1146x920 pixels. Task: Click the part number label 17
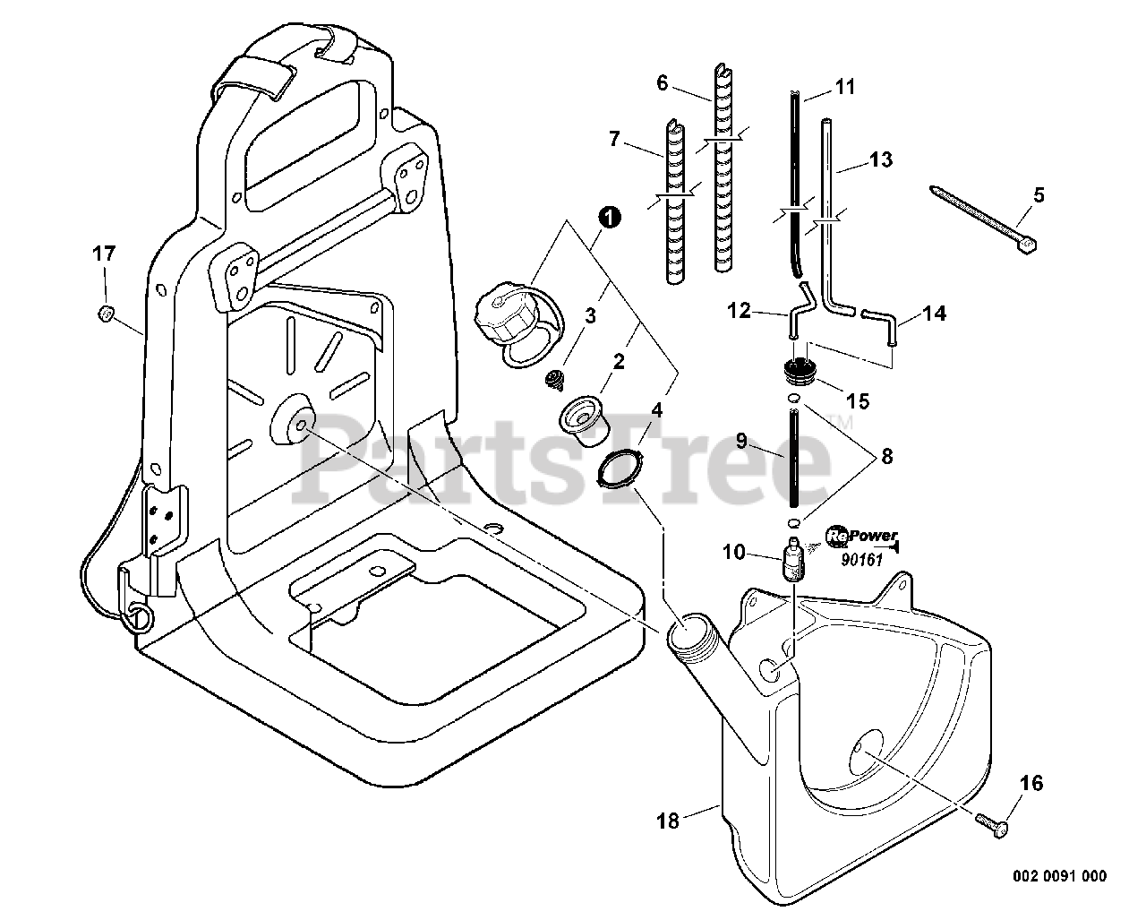(x=105, y=254)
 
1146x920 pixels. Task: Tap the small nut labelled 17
(x=105, y=313)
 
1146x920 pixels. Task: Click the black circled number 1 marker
(x=609, y=218)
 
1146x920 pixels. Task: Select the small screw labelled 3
(x=553, y=380)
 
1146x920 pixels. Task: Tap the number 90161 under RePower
(x=862, y=560)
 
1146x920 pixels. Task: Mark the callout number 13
(x=881, y=160)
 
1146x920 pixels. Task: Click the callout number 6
(x=663, y=83)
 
